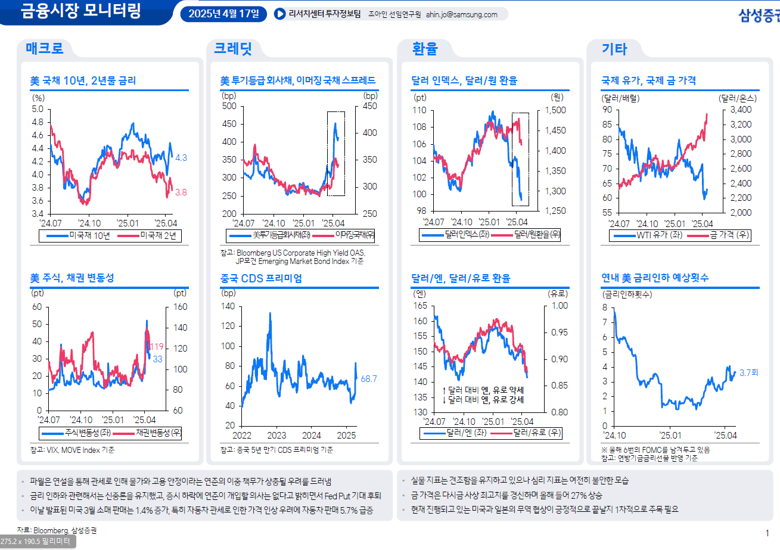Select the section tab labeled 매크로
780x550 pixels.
(x=45, y=49)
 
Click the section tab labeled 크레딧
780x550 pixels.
(x=233, y=49)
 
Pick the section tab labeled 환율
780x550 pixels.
(x=425, y=49)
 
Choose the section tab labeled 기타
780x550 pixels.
(x=614, y=49)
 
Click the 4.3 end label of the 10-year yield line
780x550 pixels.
(x=181, y=158)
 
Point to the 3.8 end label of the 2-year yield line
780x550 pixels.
(x=181, y=192)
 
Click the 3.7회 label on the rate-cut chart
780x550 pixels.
(x=749, y=373)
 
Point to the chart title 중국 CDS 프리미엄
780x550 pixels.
(x=261, y=278)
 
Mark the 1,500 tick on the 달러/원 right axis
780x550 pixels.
(x=555, y=110)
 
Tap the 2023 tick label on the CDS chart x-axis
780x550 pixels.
(x=276, y=436)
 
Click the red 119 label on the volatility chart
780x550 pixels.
(x=156, y=347)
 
